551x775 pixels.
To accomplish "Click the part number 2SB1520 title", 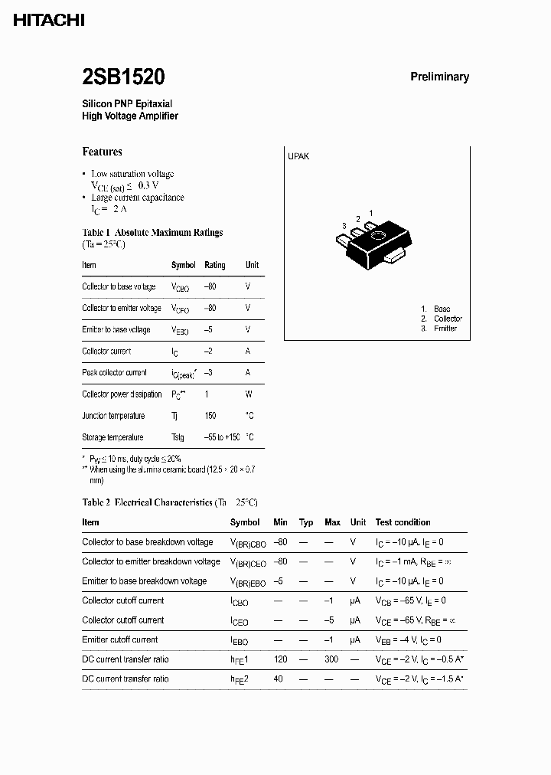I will coord(123,77).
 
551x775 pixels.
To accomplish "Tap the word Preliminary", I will coord(439,77).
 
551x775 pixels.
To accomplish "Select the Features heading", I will coord(102,152).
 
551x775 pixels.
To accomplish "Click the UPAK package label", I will coord(298,156).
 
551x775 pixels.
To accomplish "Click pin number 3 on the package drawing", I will coord(345,226).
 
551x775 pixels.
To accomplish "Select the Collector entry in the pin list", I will coord(448,319).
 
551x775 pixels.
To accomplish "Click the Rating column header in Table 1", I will coord(215,265).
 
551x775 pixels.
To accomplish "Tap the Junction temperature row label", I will coord(113,416).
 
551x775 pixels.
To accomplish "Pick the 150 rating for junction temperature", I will coord(210,416).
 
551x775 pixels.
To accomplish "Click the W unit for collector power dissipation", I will coord(248,394).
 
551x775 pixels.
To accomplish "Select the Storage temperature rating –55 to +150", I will coord(222,437).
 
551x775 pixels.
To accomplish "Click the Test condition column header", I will coord(403,522).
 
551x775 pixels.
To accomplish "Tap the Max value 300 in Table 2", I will coord(332,659).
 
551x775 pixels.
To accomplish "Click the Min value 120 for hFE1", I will coord(280,659).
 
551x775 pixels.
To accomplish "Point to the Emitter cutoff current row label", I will coord(120,639).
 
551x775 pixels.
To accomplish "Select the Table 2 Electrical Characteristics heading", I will coord(170,502).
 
